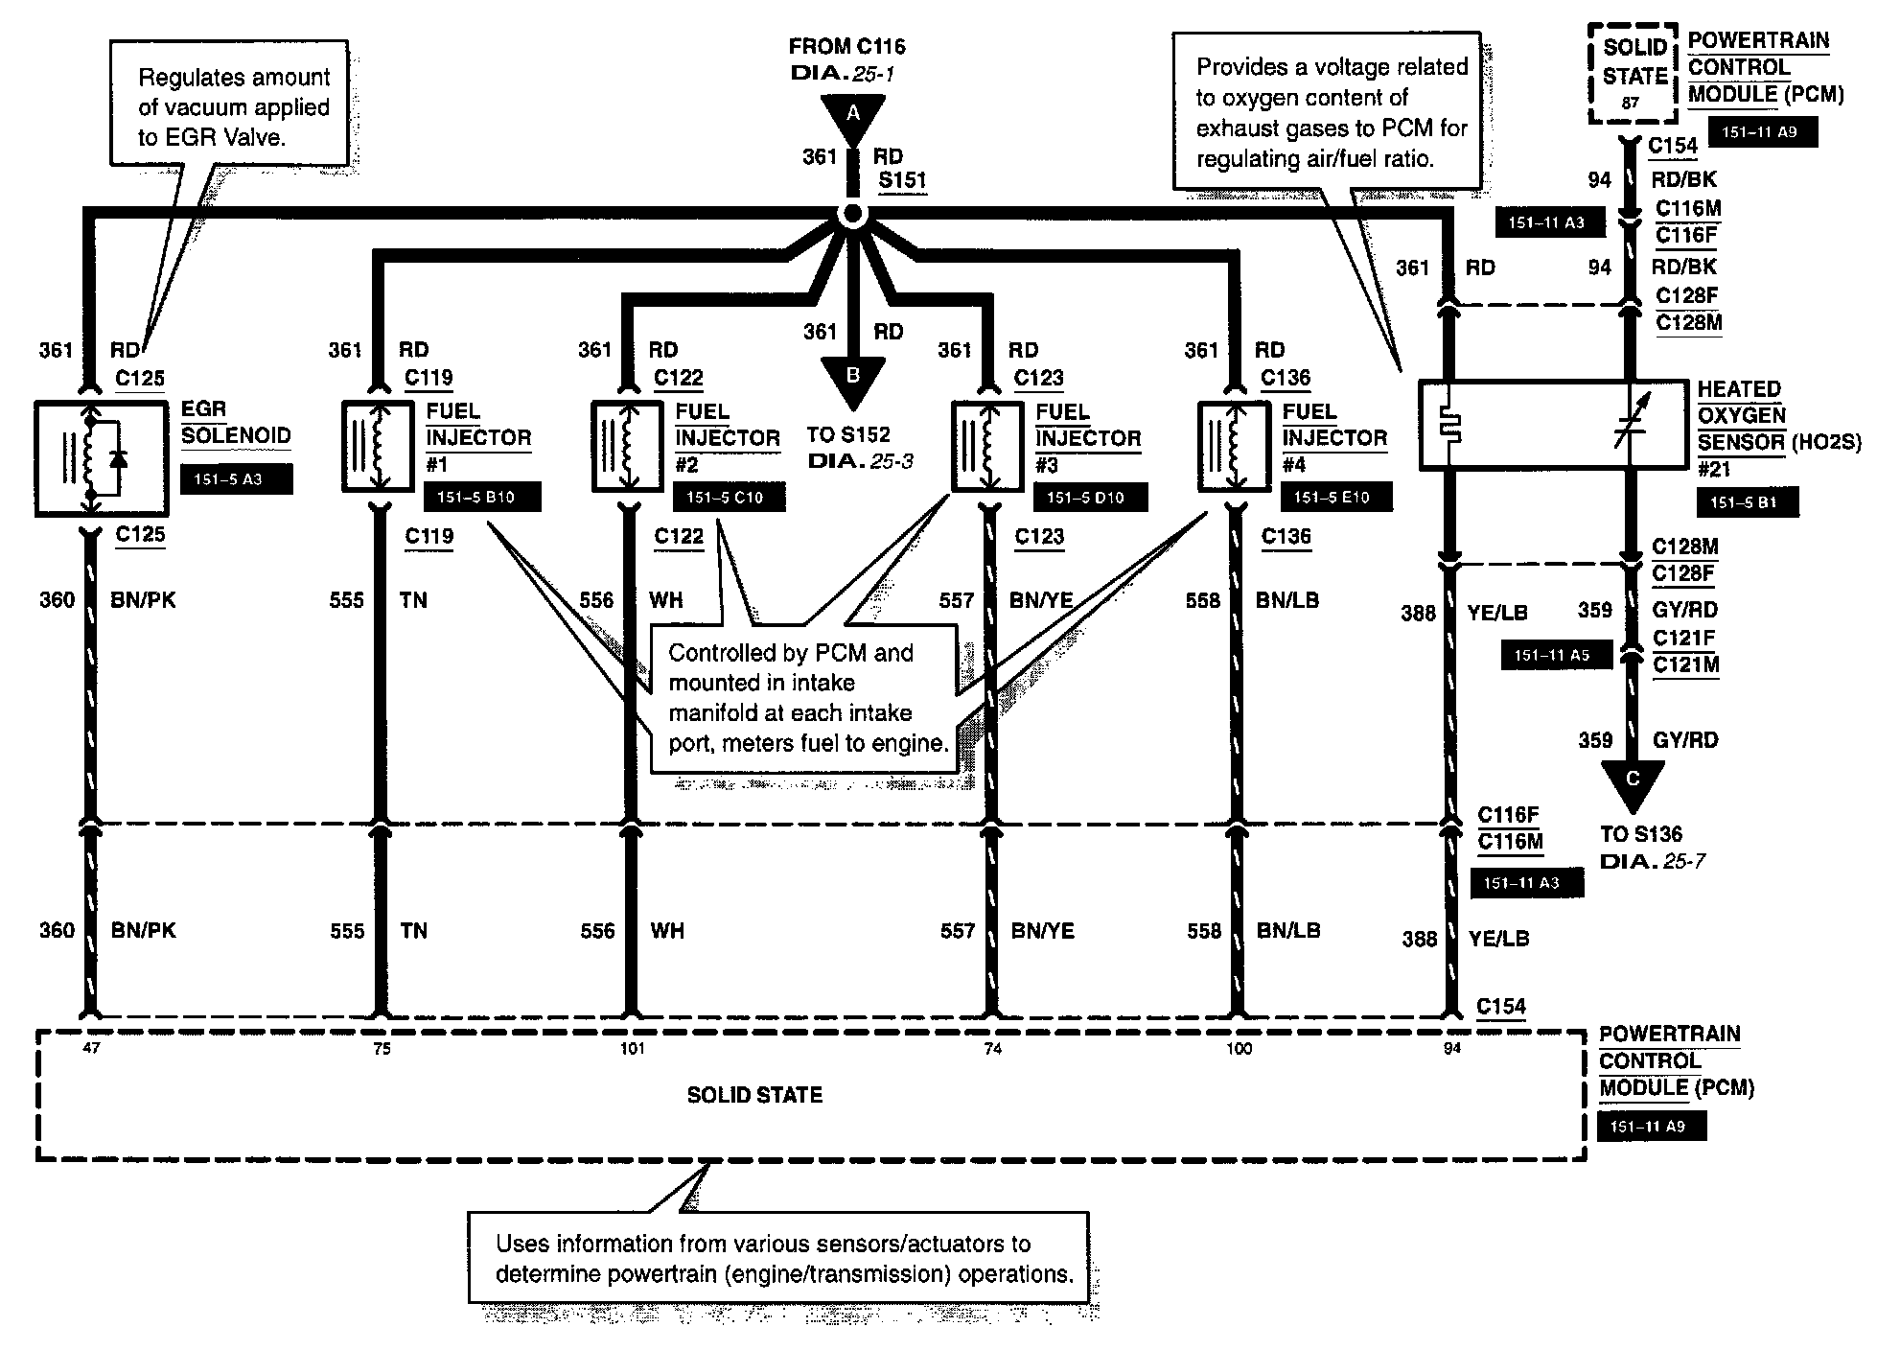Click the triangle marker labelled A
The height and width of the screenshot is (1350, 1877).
pos(852,116)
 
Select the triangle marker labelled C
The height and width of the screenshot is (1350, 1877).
pos(1633,781)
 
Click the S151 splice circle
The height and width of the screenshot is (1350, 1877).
pos(851,216)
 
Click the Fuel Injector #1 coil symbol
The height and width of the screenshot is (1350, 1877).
pos(378,447)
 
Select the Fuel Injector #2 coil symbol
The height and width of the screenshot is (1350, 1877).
pos(628,447)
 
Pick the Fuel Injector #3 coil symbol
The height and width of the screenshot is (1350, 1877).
pos(987,447)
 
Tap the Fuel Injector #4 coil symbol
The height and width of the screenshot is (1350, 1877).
pos(1235,447)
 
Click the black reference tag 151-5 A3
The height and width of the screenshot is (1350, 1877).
pos(236,479)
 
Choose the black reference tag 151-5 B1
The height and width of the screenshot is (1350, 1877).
pos(1747,502)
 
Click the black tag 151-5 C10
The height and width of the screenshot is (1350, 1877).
pos(729,498)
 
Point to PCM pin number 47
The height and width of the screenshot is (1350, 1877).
pos(91,1048)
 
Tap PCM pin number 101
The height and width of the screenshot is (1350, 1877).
pos(632,1048)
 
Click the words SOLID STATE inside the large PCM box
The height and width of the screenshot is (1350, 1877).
pos(754,1095)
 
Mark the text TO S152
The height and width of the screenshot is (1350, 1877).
pos(848,434)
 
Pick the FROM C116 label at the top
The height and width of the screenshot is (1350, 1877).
pos(846,46)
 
